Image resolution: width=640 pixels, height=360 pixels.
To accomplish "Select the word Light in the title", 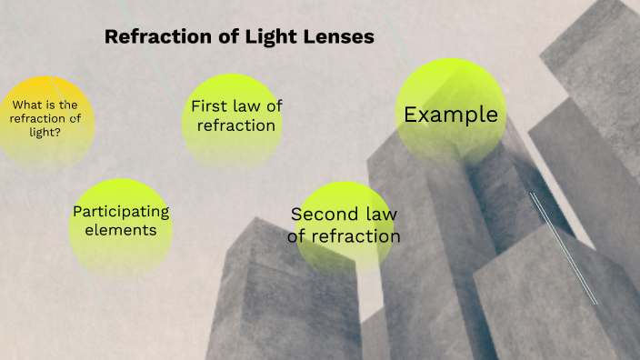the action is (263, 37).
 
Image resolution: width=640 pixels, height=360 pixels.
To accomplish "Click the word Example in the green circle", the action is (451, 115).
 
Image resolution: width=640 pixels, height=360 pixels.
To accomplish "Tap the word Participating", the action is (121, 212).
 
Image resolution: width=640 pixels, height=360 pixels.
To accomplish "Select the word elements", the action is (121, 230).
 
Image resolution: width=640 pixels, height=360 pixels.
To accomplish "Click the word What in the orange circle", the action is (29, 104).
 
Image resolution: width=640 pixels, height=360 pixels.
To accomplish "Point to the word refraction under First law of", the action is (236, 125).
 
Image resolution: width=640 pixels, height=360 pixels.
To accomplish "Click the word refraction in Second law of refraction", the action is (355, 236).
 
